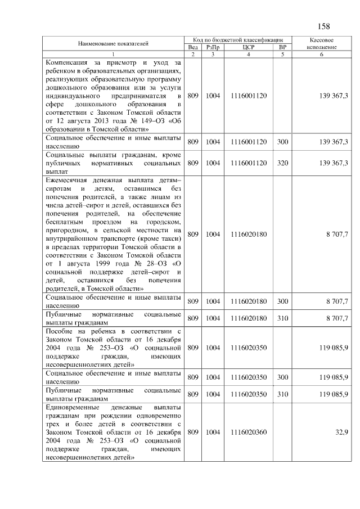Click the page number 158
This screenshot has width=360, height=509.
(324, 27)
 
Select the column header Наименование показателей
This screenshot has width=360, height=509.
(113, 43)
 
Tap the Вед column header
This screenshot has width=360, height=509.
(192, 47)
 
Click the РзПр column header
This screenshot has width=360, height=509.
(212, 47)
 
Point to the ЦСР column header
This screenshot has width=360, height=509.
(248, 47)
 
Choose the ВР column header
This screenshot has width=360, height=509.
(282, 47)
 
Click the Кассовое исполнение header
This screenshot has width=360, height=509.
(322, 44)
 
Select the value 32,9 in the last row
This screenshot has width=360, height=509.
(341, 433)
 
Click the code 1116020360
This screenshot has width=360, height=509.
(248, 433)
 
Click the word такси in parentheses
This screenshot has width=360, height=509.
(173, 238)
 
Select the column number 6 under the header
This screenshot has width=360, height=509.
(322, 54)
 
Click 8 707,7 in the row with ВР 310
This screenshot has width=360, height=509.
(337, 318)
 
